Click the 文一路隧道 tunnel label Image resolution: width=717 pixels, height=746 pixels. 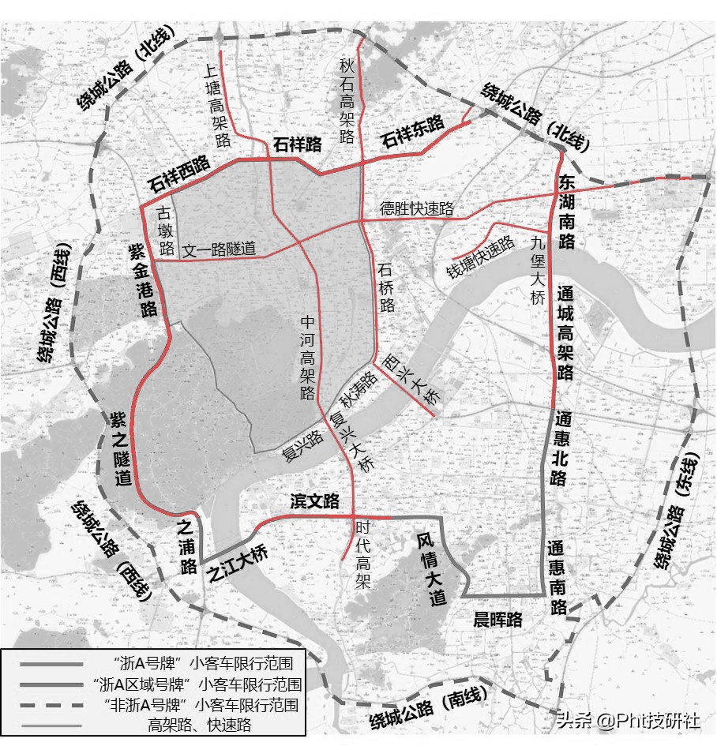coord(220,249)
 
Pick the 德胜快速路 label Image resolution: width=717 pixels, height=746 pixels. coord(417,208)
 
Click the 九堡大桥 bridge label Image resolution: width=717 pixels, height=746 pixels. coord(539,272)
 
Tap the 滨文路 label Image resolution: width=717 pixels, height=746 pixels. coord(314,501)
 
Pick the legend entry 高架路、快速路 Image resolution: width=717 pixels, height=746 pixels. coord(199,723)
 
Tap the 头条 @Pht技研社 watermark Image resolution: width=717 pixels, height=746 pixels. coord(627,721)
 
